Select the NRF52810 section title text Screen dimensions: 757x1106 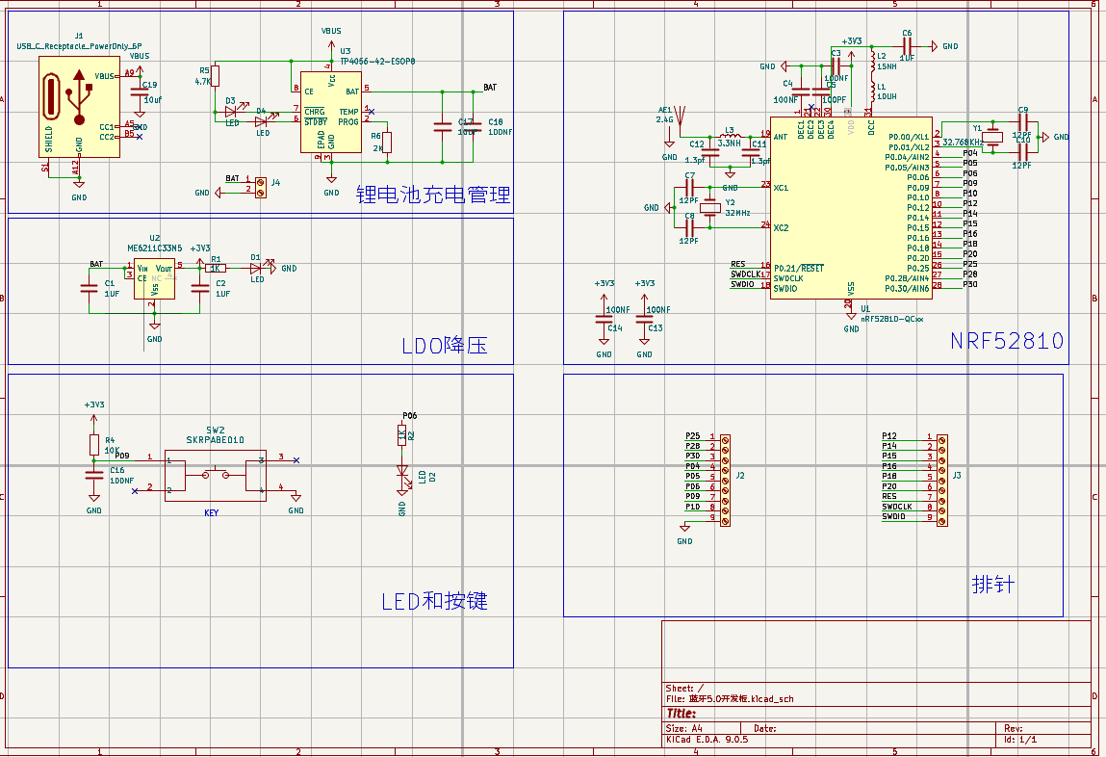[x=1006, y=341]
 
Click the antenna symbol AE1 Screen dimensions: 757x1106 [x=680, y=118]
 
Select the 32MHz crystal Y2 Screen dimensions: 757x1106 [x=710, y=207]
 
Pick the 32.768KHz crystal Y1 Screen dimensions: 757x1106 [x=993, y=136]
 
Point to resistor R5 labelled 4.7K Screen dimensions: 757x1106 [x=215, y=76]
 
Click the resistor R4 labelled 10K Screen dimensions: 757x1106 [x=93, y=444]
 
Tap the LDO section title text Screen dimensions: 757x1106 [x=444, y=345]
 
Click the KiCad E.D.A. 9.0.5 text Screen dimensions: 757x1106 [x=707, y=740]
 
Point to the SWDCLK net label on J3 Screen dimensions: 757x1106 [x=897, y=507]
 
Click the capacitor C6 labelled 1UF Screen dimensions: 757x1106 [x=907, y=45]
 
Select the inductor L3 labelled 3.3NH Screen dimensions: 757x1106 [x=729, y=136]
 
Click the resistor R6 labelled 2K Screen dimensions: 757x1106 [x=388, y=143]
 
